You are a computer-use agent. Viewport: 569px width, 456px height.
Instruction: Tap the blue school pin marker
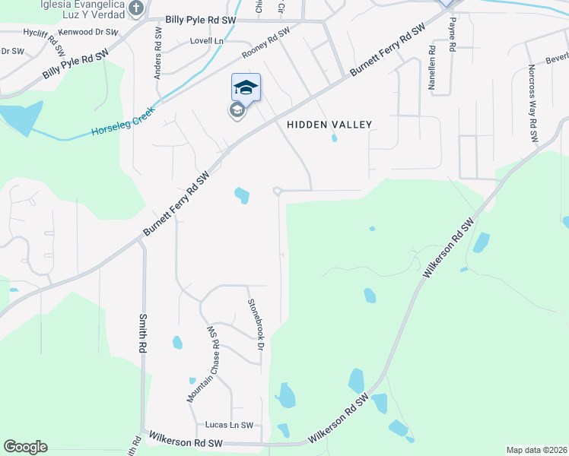click(x=246, y=87)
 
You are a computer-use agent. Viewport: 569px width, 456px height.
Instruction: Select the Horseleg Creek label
click(x=123, y=122)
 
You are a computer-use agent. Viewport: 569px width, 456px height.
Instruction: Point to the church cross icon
click(x=136, y=9)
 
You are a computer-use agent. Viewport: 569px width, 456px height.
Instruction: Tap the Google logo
click(x=25, y=446)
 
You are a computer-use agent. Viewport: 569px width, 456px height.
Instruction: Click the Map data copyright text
click(x=537, y=450)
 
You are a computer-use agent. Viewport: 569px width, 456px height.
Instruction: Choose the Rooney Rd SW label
click(x=266, y=44)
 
